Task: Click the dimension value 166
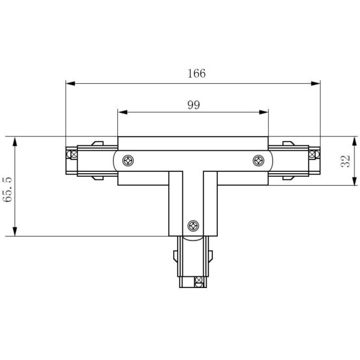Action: click(x=196, y=73)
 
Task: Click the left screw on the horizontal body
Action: click(x=127, y=161)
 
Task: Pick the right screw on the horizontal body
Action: click(x=258, y=161)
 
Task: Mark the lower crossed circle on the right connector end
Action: click(x=317, y=169)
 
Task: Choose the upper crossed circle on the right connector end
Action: click(x=317, y=151)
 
